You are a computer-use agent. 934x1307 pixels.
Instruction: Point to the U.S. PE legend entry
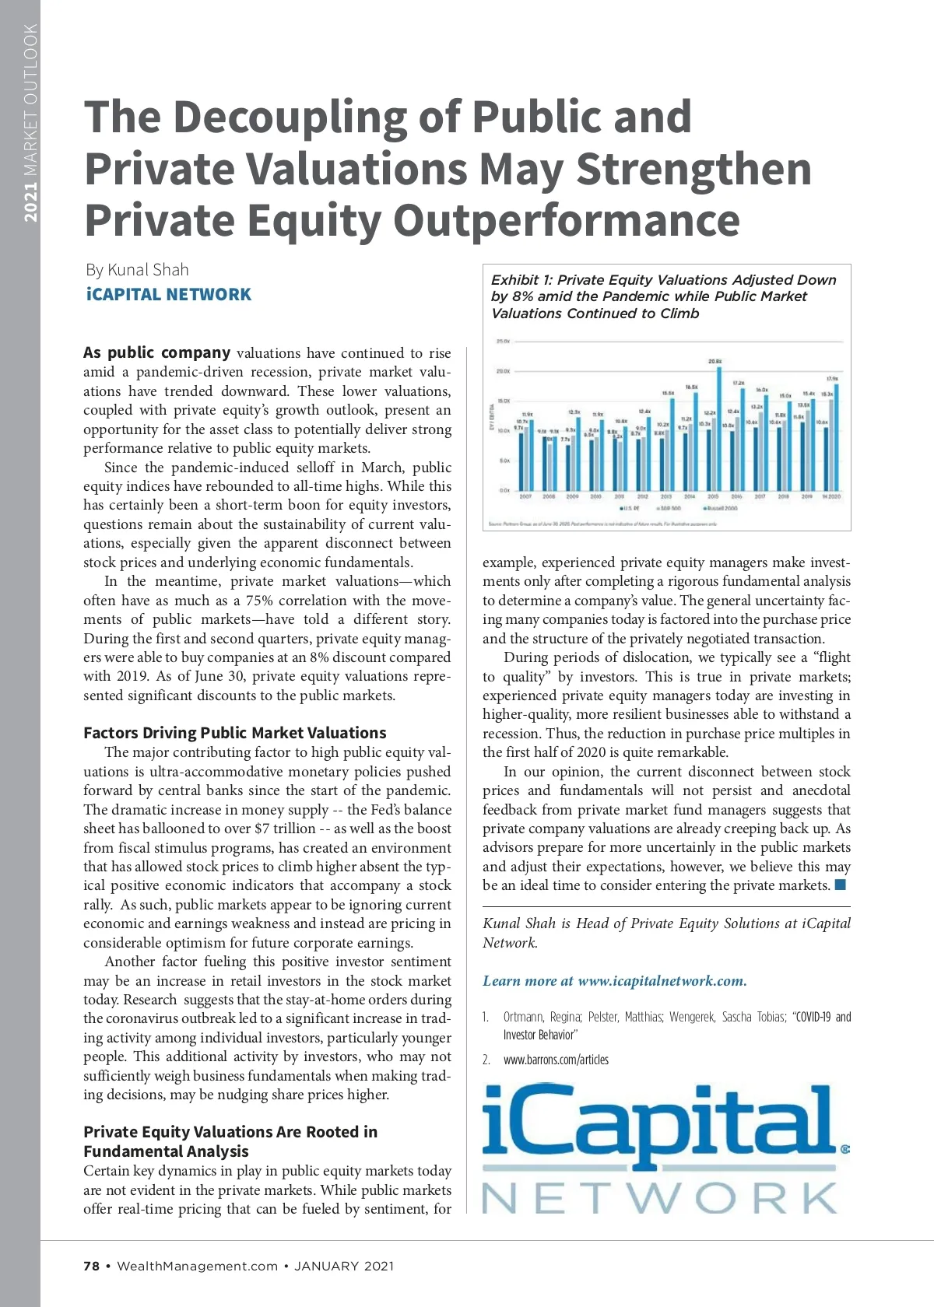click(630, 508)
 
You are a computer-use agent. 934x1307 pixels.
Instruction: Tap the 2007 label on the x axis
click(525, 496)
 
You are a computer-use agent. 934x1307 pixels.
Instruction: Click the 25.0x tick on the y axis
click(503, 342)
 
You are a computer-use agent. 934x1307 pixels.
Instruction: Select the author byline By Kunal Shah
click(137, 270)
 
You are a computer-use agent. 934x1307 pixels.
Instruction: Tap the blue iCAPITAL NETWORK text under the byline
click(169, 295)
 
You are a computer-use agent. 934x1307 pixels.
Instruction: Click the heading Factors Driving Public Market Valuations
click(234, 733)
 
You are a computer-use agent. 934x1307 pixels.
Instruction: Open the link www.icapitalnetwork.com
click(662, 981)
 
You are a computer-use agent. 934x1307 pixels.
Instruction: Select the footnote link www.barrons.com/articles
click(556, 1060)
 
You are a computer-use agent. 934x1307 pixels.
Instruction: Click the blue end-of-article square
click(840, 885)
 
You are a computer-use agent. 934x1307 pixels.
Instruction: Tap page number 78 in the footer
click(91, 1266)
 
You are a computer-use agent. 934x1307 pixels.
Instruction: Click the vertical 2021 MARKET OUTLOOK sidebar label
click(30, 122)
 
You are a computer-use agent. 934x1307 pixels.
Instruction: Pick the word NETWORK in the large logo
click(660, 1198)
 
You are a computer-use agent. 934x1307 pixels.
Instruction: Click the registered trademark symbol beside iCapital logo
click(844, 1148)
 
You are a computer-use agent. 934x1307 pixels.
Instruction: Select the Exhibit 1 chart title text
click(663, 296)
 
